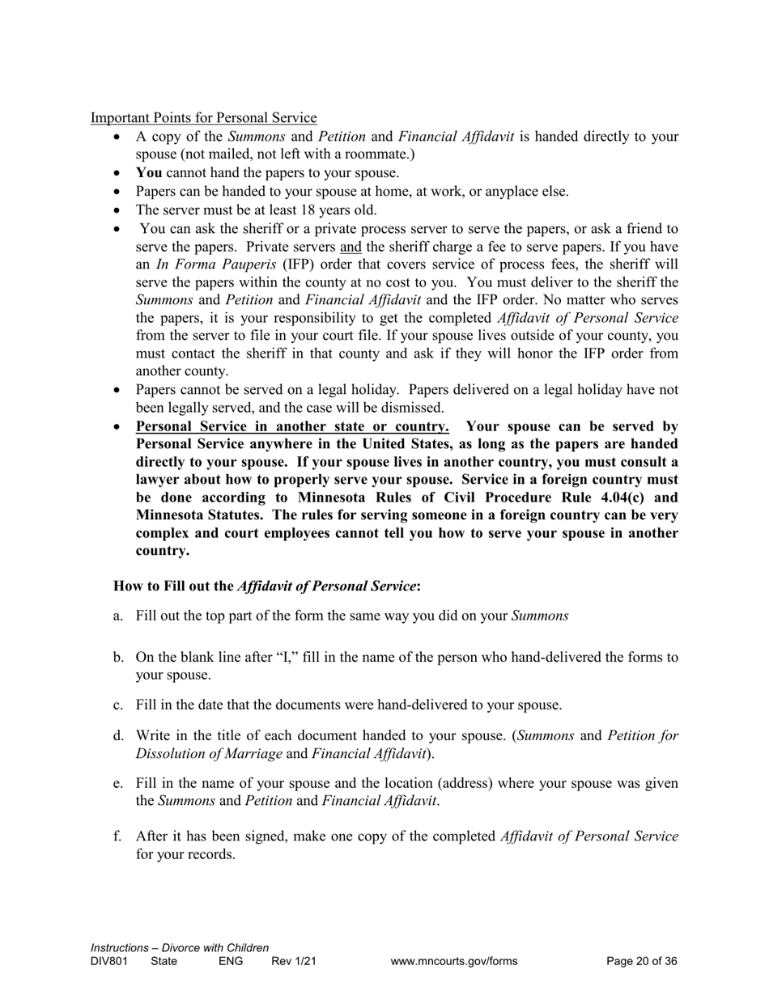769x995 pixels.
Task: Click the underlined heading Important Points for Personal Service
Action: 203,118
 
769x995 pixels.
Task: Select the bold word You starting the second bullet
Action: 149,172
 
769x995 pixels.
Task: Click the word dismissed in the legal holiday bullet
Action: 411,407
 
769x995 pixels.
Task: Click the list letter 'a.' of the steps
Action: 119,616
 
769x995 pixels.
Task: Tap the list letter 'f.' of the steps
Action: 118,836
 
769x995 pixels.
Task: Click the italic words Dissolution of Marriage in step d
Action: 209,753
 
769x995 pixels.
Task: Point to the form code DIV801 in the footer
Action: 109,962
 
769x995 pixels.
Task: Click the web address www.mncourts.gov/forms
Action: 453,962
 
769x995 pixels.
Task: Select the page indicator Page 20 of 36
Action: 642,962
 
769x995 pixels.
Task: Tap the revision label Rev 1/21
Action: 294,962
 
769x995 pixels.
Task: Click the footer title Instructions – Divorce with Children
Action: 180,947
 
